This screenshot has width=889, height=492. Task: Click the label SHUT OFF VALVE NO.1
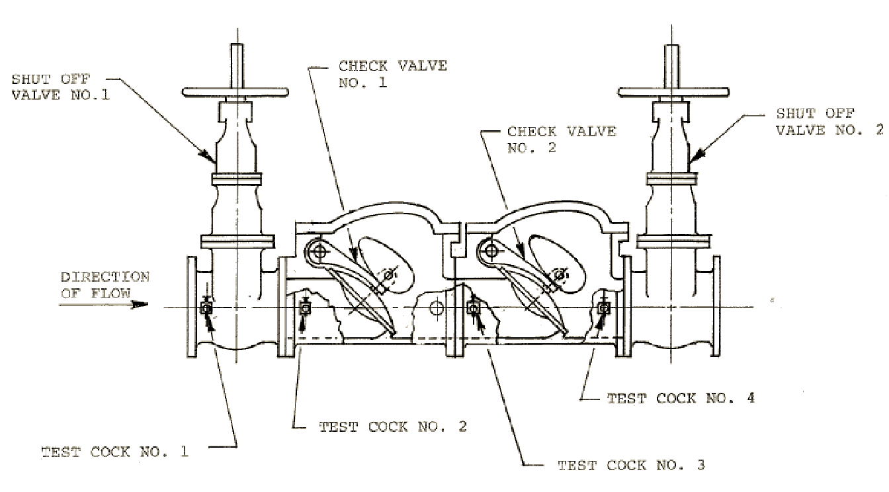click(61, 87)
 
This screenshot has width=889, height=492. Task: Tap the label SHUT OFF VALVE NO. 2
click(830, 122)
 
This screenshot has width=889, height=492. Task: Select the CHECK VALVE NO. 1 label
click(393, 74)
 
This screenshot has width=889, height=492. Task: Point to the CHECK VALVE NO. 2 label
click(562, 140)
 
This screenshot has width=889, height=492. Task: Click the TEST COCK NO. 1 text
click(114, 452)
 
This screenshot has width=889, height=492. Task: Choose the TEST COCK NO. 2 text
click(393, 427)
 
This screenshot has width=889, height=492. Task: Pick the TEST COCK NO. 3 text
click(632, 465)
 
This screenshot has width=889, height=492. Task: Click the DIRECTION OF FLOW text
click(105, 285)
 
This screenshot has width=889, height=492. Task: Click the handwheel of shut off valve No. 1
click(235, 93)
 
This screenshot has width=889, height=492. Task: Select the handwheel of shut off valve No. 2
click(673, 93)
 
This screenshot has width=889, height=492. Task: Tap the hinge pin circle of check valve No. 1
click(319, 251)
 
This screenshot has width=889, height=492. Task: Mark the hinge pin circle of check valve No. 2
click(491, 251)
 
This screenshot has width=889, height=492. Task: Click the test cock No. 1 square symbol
click(206, 308)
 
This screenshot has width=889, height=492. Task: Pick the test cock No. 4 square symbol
click(604, 307)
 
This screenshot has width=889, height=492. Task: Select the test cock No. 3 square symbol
click(473, 308)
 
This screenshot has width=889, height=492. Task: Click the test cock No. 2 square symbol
click(304, 308)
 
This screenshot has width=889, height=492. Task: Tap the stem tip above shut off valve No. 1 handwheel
click(237, 44)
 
